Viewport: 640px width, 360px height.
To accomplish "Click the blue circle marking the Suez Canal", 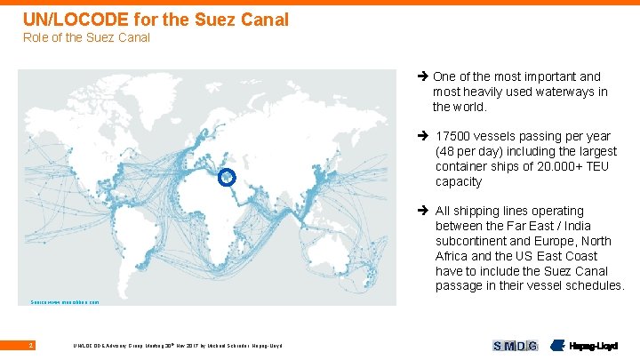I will coord(226,178).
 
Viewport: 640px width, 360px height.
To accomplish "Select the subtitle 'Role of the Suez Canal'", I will coord(86,37).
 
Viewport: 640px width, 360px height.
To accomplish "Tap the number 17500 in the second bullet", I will coord(453,136).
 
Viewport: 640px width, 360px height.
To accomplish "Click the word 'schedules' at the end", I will coord(595,286).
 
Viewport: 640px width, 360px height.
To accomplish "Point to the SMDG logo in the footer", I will coord(515,345).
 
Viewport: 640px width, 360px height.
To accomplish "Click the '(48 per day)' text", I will coord(470,151).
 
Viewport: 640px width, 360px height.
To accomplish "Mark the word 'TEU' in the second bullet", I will coord(601,166).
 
